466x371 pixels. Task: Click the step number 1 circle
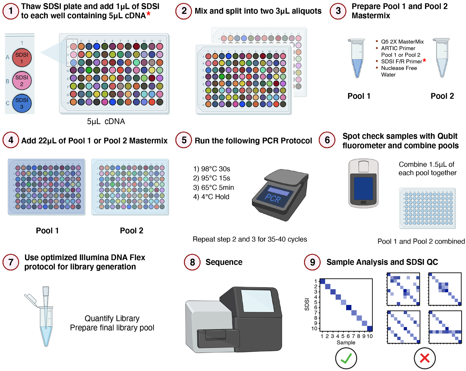pyautogui.click(x=11, y=11)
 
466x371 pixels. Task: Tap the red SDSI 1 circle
pyautogui.click(x=22, y=58)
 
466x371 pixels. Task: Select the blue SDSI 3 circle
pyautogui.click(x=22, y=103)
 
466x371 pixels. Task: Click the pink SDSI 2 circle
pyautogui.click(x=22, y=81)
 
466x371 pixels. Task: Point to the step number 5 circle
pyautogui.click(x=184, y=140)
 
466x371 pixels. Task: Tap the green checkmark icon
pyautogui.click(x=346, y=358)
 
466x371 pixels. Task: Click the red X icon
pyautogui.click(x=425, y=358)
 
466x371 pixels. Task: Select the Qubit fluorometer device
pyautogui.click(x=363, y=183)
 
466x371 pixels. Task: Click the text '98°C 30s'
pyautogui.click(x=212, y=169)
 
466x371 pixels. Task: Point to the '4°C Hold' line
pyautogui.click(x=211, y=197)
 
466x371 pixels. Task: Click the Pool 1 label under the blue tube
pyautogui.click(x=359, y=96)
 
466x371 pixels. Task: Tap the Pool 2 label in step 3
pyautogui.click(x=442, y=96)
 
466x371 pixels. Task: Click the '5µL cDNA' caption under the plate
pyautogui.click(x=106, y=121)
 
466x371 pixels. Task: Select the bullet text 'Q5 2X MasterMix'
pyautogui.click(x=402, y=42)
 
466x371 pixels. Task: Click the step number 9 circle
pyautogui.click(x=312, y=262)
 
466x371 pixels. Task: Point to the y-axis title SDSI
pyautogui.click(x=307, y=304)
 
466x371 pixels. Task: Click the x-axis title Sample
pyautogui.click(x=346, y=343)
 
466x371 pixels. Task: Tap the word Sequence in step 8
pyautogui.click(x=224, y=262)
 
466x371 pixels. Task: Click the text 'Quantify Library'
pyautogui.click(x=112, y=318)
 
